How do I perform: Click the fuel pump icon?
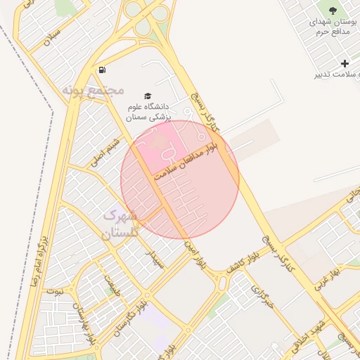point(103,70)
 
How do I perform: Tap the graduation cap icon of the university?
point(148,96)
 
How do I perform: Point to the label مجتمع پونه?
point(93,90)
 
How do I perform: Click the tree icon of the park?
point(333,10)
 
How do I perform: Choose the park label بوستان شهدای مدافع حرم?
point(333,28)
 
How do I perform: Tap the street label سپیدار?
point(154,259)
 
